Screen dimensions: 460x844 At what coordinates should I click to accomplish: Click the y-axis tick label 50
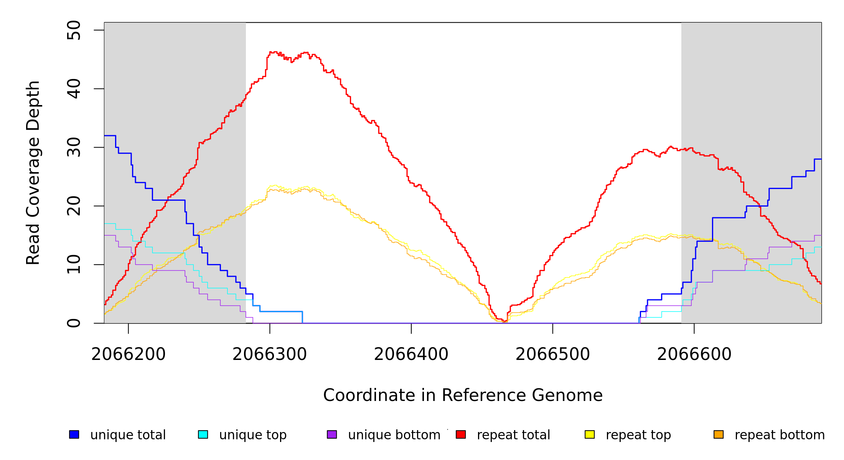pyautogui.click(x=74, y=30)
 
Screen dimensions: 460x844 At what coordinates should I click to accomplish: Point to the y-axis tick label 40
pyautogui.click(x=74, y=89)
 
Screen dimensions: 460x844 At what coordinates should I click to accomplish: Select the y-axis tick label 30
pyautogui.click(x=74, y=148)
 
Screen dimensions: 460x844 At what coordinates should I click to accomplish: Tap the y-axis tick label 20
pyautogui.click(x=74, y=206)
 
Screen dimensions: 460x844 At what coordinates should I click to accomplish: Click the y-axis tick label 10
pyautogui.click(x=74, y=264)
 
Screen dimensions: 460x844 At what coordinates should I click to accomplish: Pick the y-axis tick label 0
pyautogui.click(x=74, y=323)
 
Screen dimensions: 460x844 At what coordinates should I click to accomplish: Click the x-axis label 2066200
pyautogui.click(x=129, y=354)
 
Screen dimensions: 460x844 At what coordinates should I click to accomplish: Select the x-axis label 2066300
pyautogui.click(x=270, y=354)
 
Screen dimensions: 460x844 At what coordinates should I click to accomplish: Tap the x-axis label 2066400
pyautogui.click(x=411, y=354)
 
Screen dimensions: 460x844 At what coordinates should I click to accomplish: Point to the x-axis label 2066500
pyautogui.click(x=553, y=354)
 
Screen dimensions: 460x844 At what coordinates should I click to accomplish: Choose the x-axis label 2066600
pyautogui.click(x=694, y=354)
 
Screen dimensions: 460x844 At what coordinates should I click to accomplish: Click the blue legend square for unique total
pyautogui.click(x=74, y=434)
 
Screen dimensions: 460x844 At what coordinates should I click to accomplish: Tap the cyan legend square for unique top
pyautogui.click(x=203, y=434)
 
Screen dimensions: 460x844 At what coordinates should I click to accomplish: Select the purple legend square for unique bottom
pyautogui.click(x=332, y=434)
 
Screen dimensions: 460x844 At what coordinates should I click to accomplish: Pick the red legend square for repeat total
pyautogui.click(x=461, y=434)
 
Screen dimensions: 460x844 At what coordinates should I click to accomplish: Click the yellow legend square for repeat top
pyautogui.click(x=590, y=434)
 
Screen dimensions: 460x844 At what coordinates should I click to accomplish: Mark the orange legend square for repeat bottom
pyautogui.click(x=719, y=434)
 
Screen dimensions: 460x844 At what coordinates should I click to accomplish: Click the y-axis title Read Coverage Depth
pyautogui.click(x=33, y=172)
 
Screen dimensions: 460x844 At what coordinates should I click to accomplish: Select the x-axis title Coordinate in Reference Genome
pyautogui.click(x=463, y=395)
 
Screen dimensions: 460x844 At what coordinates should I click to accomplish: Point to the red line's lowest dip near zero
pyautogui.click(x=504, y=321)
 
